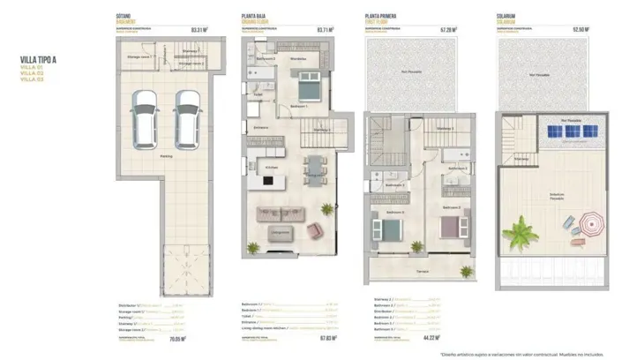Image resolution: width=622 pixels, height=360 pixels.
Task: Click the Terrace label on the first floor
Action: [x=423, y=272]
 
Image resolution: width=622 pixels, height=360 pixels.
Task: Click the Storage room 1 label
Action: [x=139, y=57]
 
